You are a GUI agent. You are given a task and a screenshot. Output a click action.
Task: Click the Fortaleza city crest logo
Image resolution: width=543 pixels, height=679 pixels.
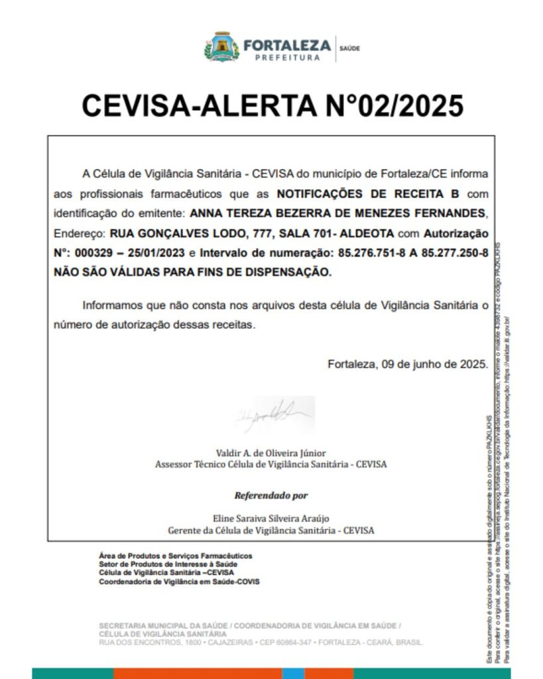coord(221,47)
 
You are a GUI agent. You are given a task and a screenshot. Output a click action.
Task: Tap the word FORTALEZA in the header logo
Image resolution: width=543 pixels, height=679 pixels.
coord(286,46)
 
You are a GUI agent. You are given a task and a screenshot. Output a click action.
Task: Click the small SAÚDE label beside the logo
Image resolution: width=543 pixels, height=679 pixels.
coord(349,48)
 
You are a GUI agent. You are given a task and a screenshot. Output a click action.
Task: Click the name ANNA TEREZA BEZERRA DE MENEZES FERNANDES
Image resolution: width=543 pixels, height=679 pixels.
coord(337,214)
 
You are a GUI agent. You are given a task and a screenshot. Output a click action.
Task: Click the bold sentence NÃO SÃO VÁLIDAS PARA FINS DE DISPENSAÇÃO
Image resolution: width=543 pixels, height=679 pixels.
coord(192,272)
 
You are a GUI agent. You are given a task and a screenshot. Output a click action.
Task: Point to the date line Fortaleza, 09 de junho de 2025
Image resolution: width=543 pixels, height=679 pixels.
coord(407,363)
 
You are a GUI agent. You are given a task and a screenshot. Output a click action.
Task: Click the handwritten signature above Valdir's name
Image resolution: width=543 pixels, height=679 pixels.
coord(272,414)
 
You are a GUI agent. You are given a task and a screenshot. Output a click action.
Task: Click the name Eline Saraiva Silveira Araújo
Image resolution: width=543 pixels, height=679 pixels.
coord(271,518)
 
